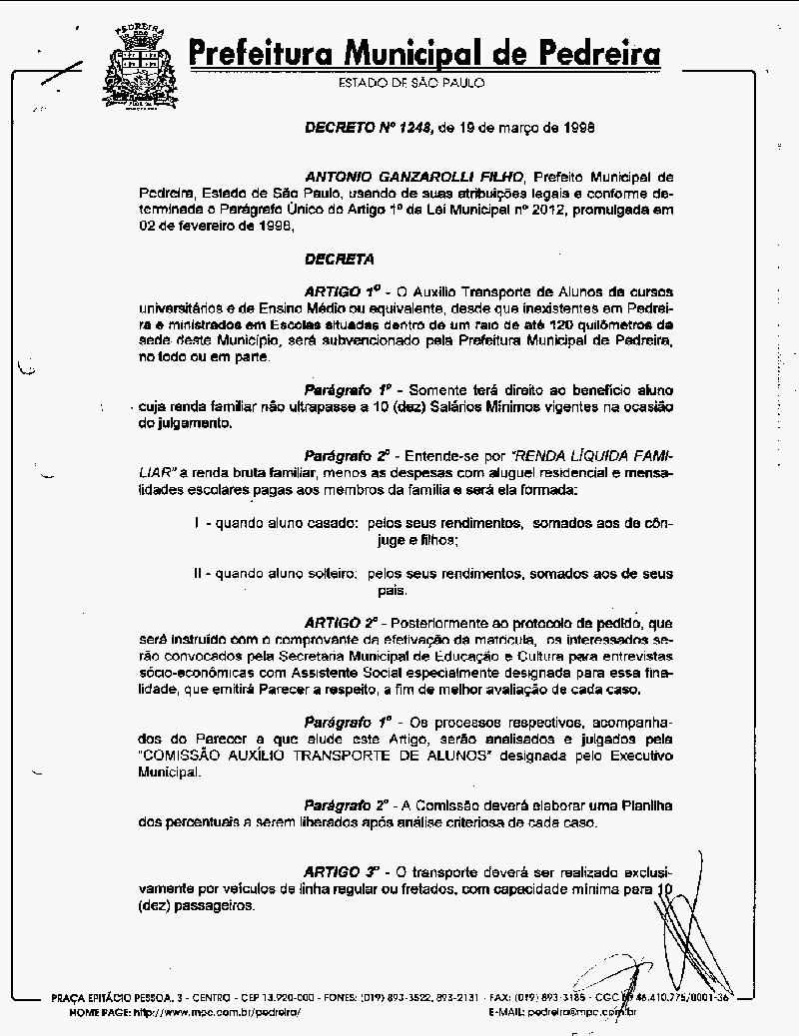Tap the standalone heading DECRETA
point(340,259)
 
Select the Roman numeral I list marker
point(198,523)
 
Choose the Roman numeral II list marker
point(199,574)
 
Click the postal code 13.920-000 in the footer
point(294,997)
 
